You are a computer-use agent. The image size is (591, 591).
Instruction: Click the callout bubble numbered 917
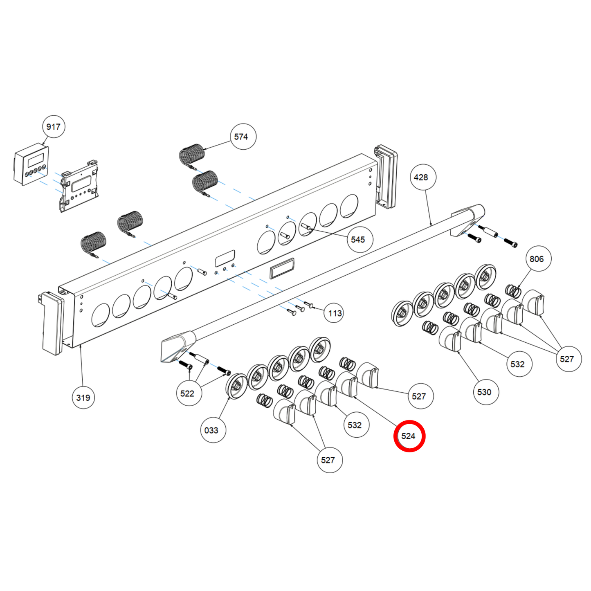coord(53,127)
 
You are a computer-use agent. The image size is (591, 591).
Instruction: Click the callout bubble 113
coord(334,313)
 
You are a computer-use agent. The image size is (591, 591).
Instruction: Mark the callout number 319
coord(83,398)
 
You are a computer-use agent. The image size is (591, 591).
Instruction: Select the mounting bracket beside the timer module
coord(80,186)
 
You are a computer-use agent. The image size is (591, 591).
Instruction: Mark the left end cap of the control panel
coord(52,323)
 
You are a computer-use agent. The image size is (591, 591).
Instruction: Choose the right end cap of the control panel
coord(386,176)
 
